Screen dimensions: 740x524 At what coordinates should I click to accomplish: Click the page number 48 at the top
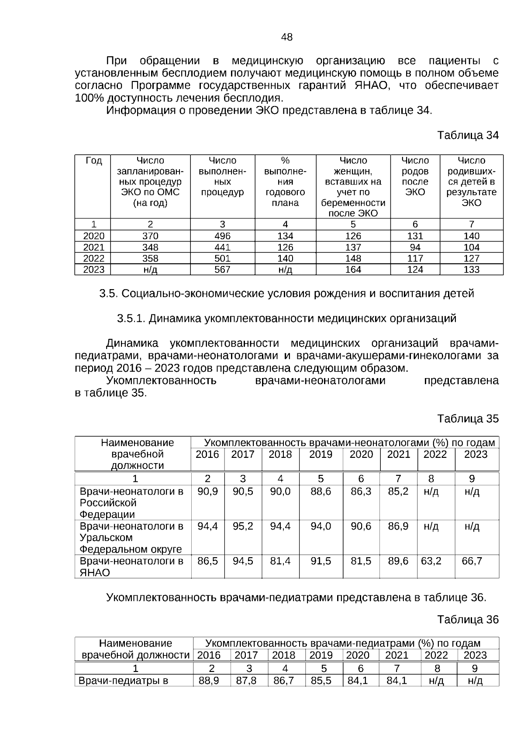[287, 38]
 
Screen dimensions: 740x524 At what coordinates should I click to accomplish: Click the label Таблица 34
[468, 135]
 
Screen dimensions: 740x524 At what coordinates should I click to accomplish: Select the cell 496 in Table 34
[222, 236]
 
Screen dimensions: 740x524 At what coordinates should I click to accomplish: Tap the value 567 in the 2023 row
[222, 269]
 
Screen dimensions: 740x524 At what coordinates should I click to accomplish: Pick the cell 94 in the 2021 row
[415, 247]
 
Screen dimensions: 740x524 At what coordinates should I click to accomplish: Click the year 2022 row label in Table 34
[93, 258]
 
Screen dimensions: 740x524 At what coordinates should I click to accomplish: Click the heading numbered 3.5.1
[286, 318]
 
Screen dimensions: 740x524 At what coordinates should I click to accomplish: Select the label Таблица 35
[468, 419]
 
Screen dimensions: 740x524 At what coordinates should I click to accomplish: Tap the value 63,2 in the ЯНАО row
[431, 561]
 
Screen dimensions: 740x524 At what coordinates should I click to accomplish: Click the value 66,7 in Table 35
[472, 561]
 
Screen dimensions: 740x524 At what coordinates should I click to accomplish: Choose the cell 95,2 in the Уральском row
[243, 526]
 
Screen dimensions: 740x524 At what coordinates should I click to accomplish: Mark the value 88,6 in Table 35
[321, 491]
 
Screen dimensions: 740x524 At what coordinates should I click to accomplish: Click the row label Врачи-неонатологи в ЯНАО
[131, 566]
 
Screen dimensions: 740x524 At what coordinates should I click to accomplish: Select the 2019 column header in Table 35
[321, 454]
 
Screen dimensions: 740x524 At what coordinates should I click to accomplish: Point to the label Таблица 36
[468, 620]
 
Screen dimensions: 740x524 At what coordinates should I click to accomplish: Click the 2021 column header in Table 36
[396, 655]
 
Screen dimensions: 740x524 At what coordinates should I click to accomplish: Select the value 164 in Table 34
[353, 269]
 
